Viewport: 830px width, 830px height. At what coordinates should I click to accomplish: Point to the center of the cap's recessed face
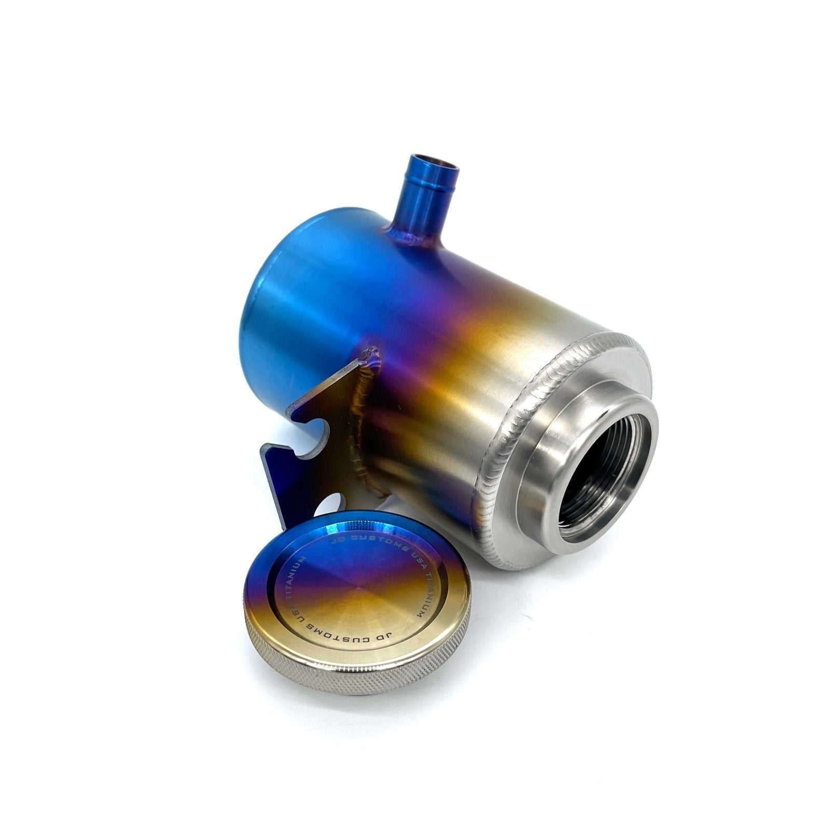358,586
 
